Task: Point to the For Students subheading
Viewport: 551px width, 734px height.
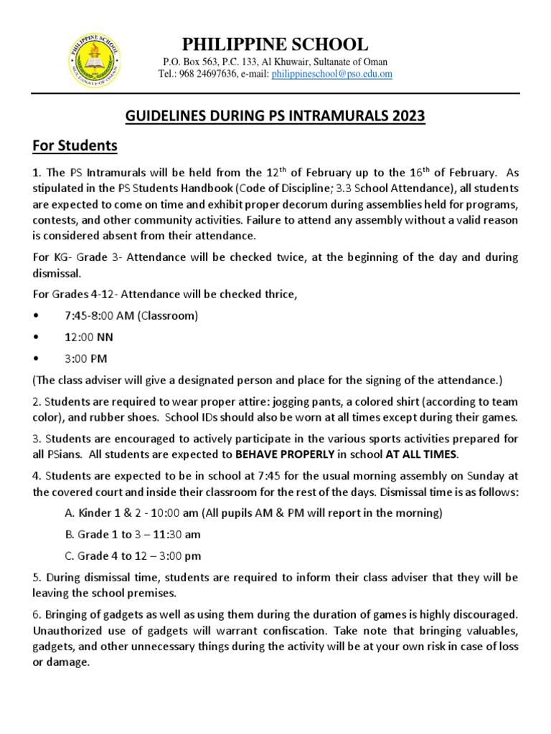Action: coord(75,146)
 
